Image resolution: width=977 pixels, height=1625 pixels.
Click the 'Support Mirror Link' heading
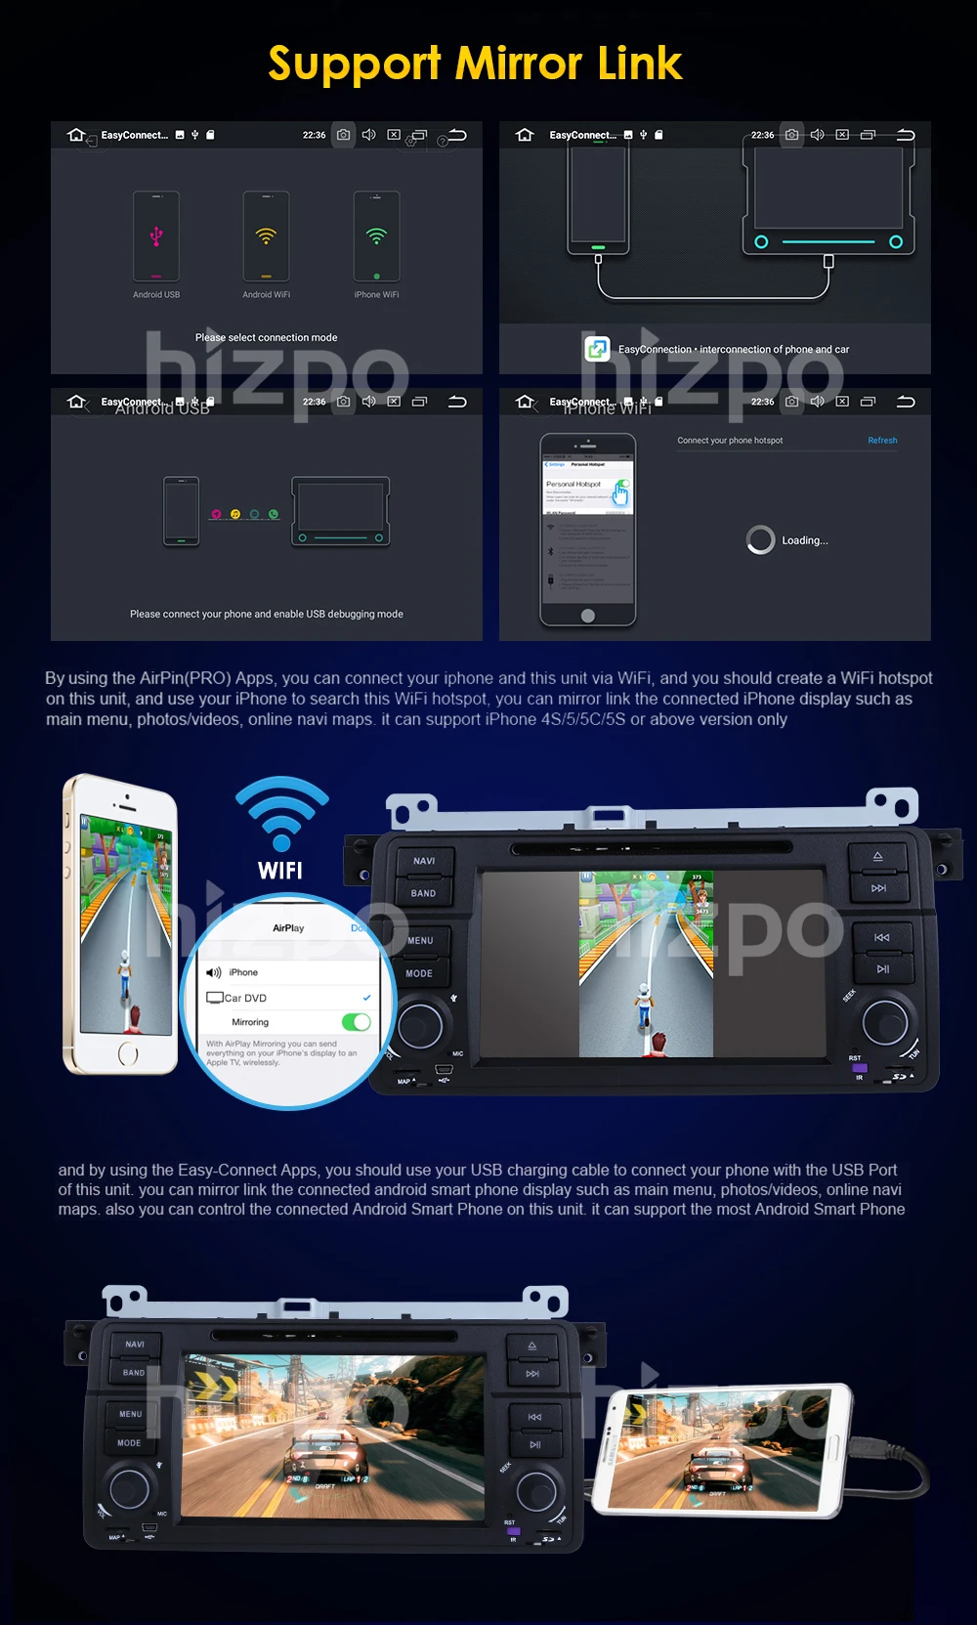click(x=475, y=64)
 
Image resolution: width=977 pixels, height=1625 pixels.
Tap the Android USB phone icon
click(x=156, y=236)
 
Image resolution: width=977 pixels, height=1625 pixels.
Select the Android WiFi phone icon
click(x=266, y=236)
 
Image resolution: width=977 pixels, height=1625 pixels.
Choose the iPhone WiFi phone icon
click(x=376, y=236)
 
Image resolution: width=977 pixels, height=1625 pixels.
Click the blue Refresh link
click(x=881, y=441)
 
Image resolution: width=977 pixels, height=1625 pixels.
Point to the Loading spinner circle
click(x=760, y=539)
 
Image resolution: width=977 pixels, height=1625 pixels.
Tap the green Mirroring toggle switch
click(x=356, y=1022)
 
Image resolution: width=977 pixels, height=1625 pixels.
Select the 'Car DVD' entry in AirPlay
click(x=246, y=998)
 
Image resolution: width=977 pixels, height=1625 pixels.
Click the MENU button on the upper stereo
click(x=420, y=940)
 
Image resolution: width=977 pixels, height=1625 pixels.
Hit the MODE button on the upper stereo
click(x=419, y=973)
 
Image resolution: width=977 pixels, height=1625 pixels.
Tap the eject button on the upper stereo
click(x=877, y=857)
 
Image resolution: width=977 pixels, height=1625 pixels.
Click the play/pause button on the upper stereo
click(x=882, y=969)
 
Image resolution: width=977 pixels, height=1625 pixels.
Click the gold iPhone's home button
click(x=128, y=1053)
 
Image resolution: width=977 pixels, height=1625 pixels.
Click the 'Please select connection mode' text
click(x=266, y=337)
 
